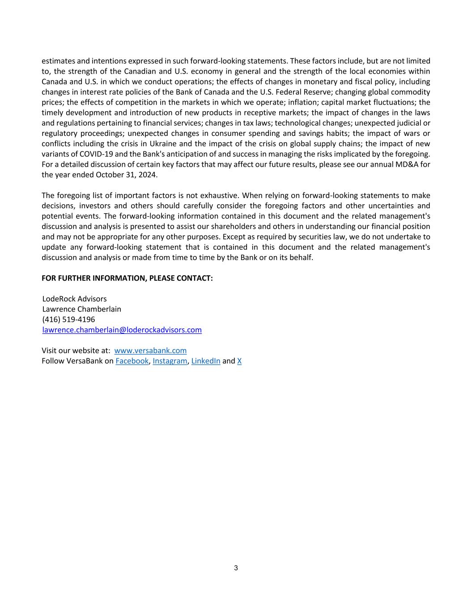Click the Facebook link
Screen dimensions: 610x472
(x=132, y=361)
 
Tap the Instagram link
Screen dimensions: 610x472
(x=170, y=361)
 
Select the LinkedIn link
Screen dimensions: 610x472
(x=205, y=361)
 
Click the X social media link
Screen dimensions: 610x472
(x=239, y=361)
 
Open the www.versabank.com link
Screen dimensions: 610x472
(x=150, y=351)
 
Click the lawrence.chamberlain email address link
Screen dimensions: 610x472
(x=122, y=330)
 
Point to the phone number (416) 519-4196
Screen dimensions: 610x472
(x=68, y=320)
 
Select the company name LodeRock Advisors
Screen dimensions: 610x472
(x=74, y=299)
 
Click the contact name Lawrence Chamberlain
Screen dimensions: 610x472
(x=81, y=309)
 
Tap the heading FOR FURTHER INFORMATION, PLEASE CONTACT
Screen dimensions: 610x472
(x=127, y=278)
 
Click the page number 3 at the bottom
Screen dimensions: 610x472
(x=236, y=568)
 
